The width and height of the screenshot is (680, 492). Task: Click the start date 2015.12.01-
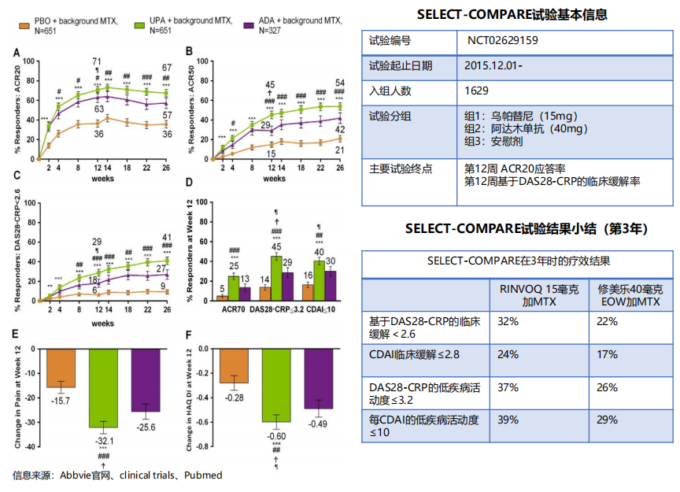[x=493, y=65]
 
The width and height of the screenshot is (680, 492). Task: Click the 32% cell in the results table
[x=508, y=321]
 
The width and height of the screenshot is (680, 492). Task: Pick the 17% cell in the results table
[x=606, y=354]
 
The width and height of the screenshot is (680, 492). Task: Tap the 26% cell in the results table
[x=606, y=388]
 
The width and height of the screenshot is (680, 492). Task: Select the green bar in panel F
[x=275, y=384]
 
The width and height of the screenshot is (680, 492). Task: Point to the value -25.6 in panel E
[x=146, y=427]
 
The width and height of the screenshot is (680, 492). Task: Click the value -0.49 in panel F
[x=318, y=424]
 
